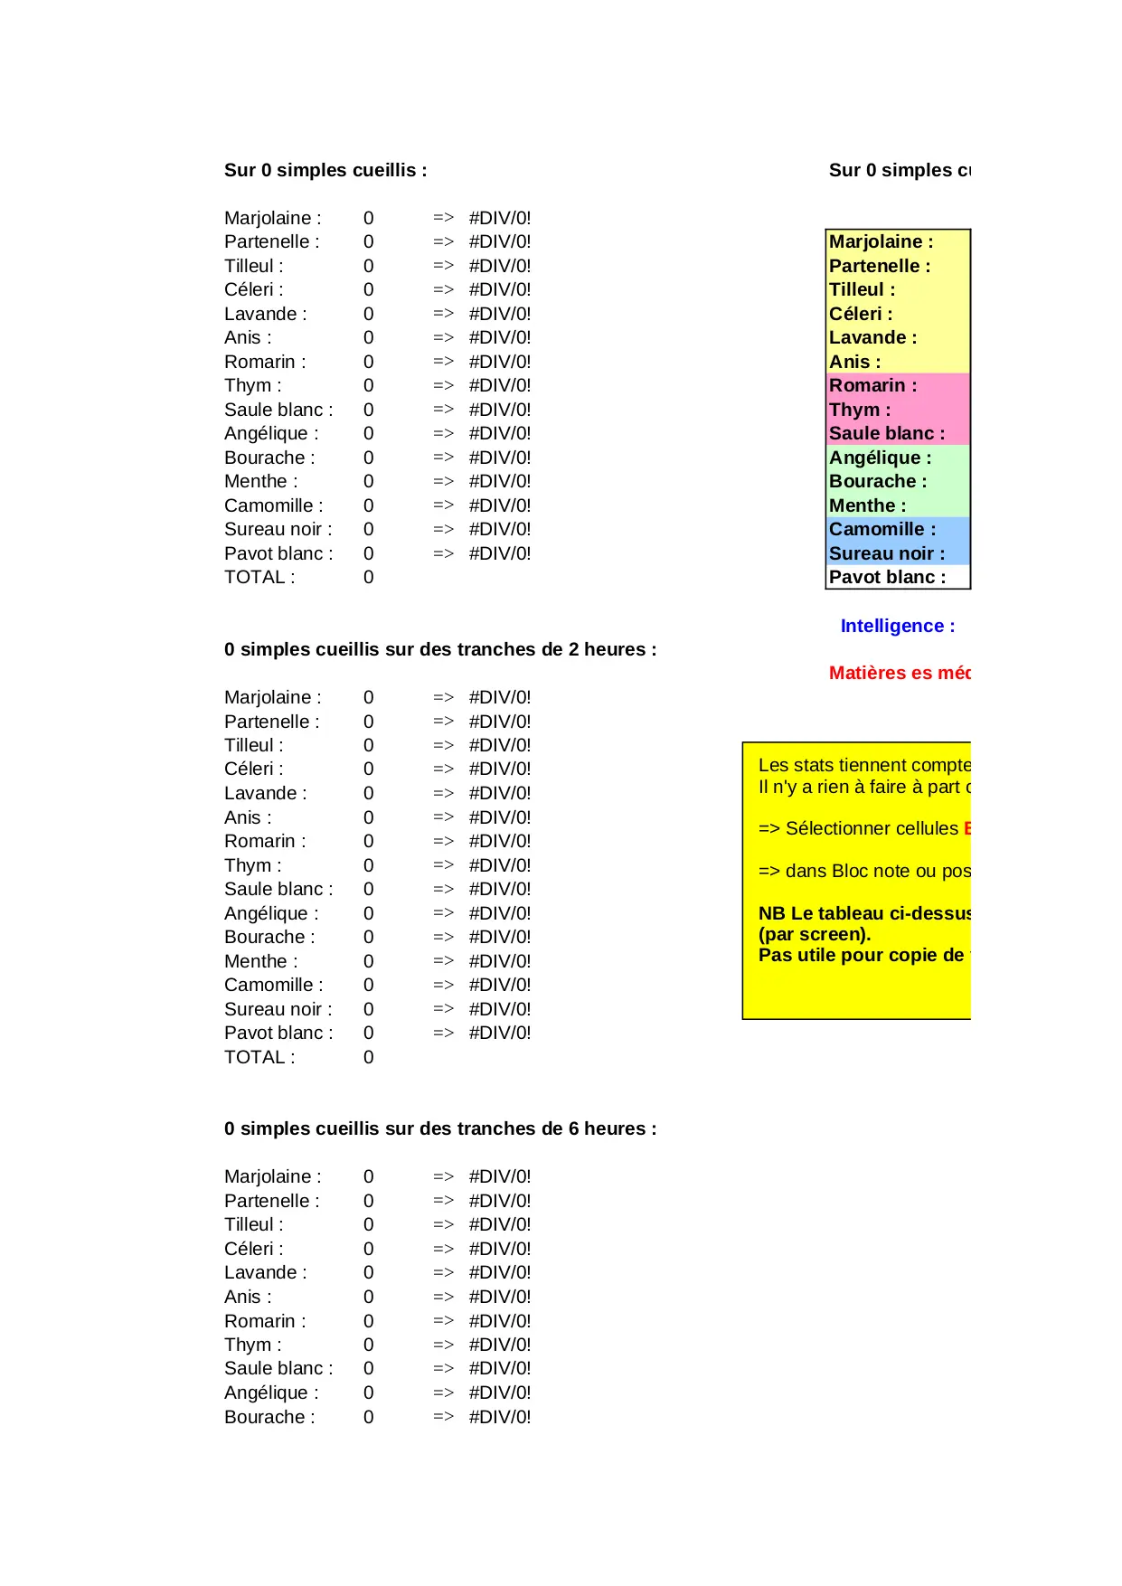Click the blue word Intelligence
[891, 626]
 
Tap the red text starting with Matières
[899, 673]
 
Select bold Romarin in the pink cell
[867, 385]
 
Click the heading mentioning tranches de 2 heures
[440, 649]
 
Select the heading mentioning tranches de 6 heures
[440, 1128]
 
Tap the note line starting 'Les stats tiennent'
[863, 765]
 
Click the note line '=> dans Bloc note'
[863, 871]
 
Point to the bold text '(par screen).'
[814, 934]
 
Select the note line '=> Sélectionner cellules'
[858, 828]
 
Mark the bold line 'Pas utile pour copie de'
[862, 955]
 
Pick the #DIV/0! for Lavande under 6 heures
[499, 1272]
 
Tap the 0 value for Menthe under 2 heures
[368, 961]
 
